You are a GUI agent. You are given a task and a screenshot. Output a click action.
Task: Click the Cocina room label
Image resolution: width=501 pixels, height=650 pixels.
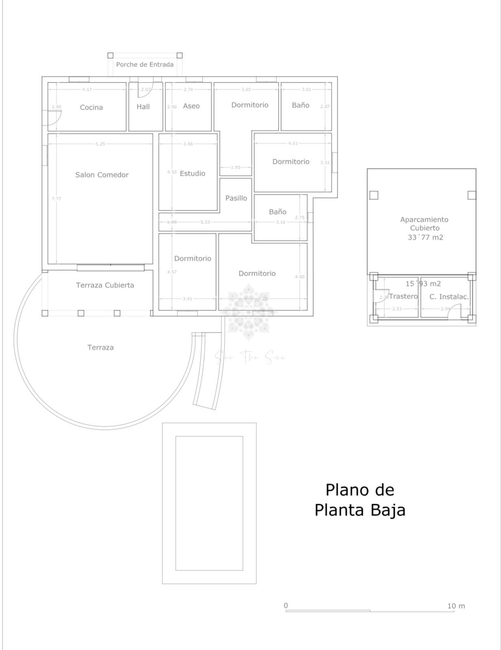91,107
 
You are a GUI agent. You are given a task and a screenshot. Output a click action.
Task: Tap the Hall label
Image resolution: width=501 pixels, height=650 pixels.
143,106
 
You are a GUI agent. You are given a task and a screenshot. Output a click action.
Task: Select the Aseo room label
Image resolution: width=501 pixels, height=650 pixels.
191,106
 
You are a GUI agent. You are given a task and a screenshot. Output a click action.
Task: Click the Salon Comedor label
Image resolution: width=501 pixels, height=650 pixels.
102,175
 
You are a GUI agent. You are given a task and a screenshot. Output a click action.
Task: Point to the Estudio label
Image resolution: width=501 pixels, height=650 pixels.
192,173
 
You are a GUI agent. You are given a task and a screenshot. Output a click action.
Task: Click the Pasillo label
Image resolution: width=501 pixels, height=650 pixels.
236,198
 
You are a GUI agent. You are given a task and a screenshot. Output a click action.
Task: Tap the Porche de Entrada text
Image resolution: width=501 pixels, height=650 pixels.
145,65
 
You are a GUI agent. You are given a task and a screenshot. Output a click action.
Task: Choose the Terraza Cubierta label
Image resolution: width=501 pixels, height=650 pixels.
105,285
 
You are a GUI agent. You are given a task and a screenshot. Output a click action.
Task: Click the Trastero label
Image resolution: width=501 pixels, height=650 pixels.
403,296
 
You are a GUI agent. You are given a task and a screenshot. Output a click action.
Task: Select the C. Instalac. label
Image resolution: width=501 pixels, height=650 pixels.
449,297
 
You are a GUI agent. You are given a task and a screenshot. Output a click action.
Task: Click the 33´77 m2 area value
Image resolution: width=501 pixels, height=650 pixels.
425,237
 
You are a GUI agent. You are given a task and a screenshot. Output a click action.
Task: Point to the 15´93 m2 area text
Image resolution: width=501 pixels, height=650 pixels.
423,284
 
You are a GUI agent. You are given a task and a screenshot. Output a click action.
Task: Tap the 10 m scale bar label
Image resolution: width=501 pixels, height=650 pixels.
456,606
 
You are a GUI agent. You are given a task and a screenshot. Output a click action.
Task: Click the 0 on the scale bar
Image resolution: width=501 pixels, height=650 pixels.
286,605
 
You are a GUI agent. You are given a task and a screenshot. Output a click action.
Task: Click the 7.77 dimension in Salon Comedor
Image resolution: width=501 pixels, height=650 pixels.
56,199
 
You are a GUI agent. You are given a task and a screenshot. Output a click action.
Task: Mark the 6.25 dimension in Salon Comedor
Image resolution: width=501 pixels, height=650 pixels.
100,144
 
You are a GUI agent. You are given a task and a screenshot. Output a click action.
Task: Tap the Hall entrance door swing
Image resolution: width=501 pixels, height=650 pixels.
143,92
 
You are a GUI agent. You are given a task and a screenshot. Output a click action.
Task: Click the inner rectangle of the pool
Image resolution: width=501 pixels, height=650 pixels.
209,503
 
